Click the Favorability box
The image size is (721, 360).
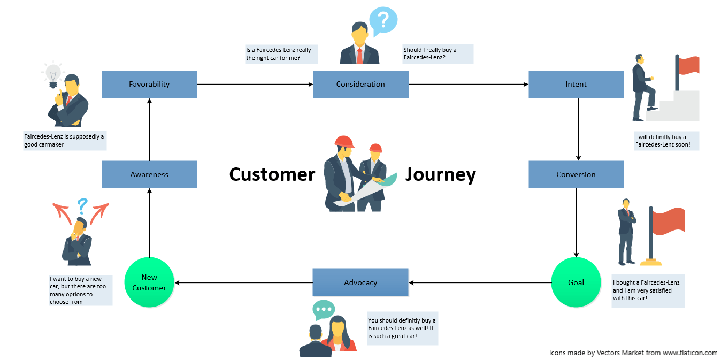coord(149,85)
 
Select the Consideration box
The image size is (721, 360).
coord(360,85)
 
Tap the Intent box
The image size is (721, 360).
coord(576,85)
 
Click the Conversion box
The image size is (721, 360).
coord(576,174)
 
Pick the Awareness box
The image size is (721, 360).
coord(149,174)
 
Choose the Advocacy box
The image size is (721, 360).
coord(360,282)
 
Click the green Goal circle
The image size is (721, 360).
coord(576,282)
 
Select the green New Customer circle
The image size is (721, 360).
coord(149,282)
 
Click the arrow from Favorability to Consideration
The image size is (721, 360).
coord(255,85)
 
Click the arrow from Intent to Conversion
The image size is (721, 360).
coord(578,129)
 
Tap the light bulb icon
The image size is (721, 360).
coord(53,75)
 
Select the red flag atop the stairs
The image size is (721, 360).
coord(689,65)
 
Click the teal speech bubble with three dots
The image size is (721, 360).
coord(324,310)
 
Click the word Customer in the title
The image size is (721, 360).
coord(272,175)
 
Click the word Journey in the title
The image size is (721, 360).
coord(440,175)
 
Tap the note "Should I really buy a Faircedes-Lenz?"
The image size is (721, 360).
coord(438,53)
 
